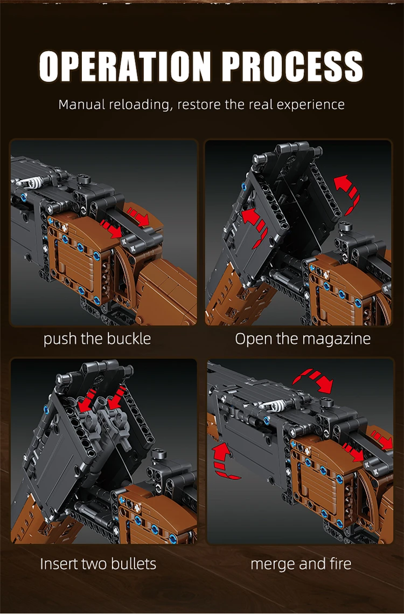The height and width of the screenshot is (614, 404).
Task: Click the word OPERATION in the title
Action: click(x=125, y=66)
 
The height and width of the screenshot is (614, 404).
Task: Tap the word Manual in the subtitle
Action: click(x=82, y=105)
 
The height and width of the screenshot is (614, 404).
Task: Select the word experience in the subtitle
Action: click(x=310, y=105)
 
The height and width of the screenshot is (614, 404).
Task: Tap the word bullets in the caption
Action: click(x=134, y=564)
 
